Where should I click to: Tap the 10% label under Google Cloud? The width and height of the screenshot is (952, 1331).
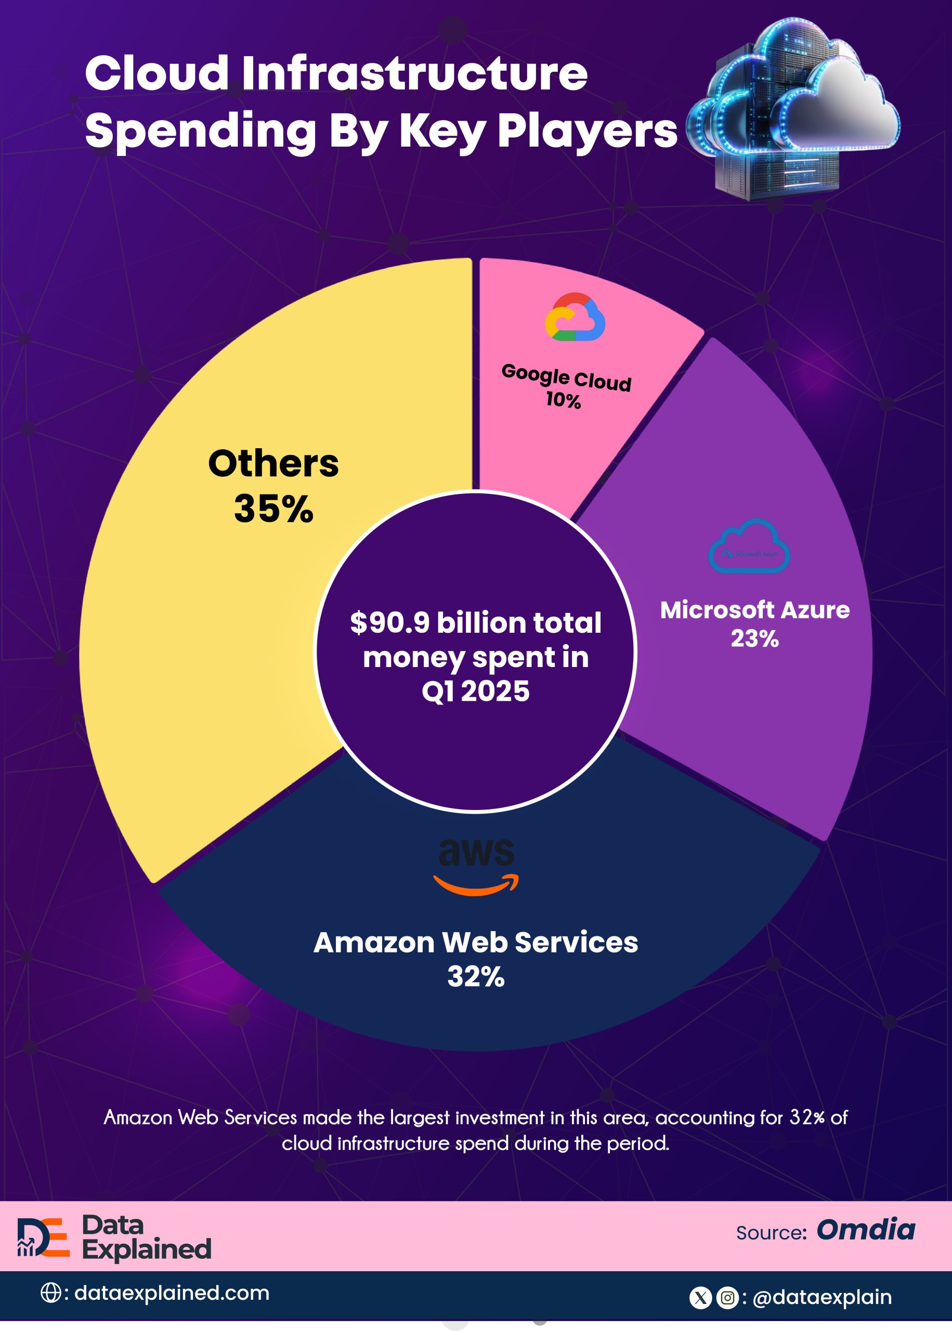tap(563, 400)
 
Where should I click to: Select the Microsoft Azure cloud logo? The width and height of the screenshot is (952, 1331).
tap(749, 546)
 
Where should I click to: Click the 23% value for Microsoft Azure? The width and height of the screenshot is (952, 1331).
tap(754, 638)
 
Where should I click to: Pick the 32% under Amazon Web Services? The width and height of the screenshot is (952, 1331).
tap(476, 976)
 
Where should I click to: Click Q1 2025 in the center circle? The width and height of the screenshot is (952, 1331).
tap(475, 691)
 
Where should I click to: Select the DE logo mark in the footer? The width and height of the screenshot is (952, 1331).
tap(43, 1237)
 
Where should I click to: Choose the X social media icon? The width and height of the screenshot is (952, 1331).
tap(700, 1298)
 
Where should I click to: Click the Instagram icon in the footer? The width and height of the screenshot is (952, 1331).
tap(727, 1298)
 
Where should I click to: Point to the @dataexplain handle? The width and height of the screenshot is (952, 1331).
tap(821, 1298)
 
